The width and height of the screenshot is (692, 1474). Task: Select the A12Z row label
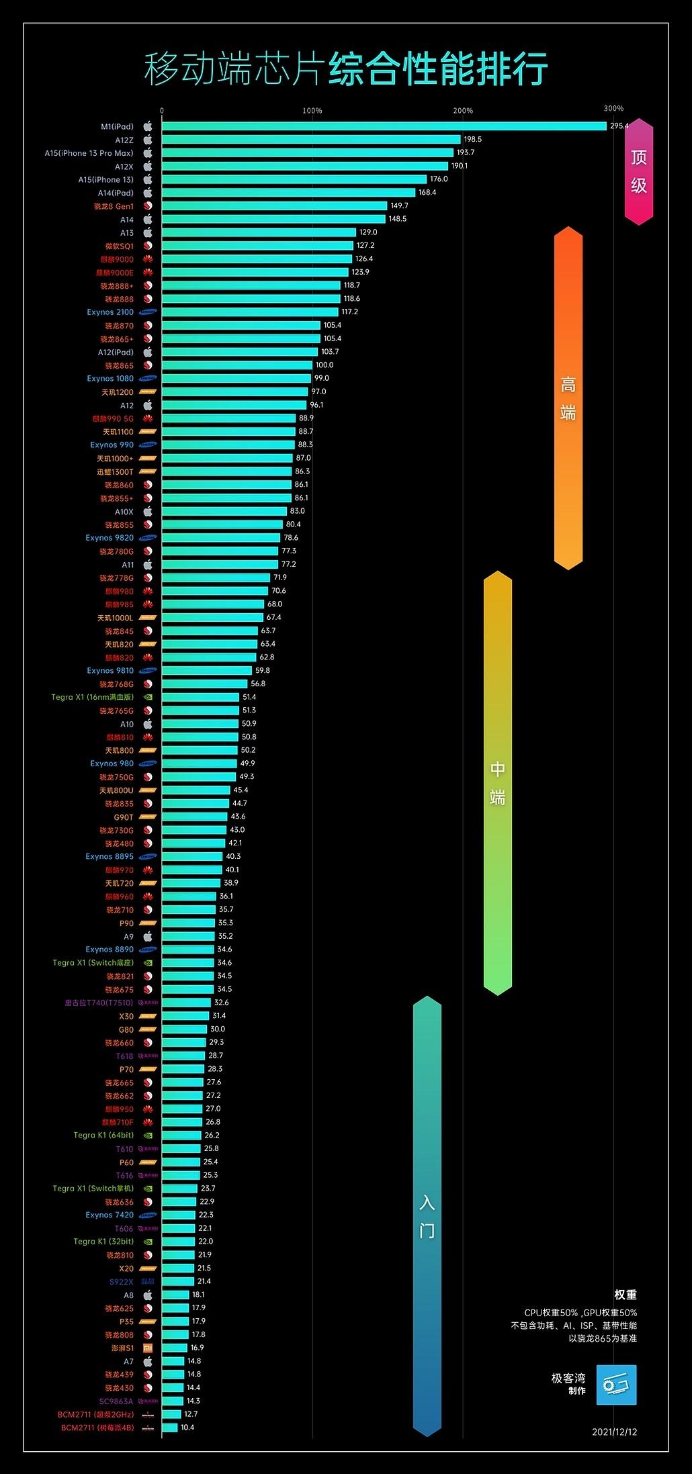pos(124,140)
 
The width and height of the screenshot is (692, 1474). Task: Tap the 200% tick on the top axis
pos(463,111)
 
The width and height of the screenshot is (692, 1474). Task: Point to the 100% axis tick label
pos(312,111)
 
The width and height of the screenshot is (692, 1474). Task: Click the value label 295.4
pos(619,126)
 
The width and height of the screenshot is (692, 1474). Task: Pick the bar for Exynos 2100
pos(250,312)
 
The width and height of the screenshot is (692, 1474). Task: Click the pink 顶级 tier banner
pos(638,171)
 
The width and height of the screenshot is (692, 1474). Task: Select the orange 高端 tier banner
pos(568,398)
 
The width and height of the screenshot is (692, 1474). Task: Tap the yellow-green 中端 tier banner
pos(498,782)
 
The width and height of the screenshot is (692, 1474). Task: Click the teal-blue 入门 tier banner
pos(427,1215)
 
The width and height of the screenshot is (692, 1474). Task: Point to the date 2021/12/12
pos(614,1432)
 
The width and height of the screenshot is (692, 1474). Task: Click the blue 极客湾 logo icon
pos(616,1385)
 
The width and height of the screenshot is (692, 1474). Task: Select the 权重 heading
pos(625,1295)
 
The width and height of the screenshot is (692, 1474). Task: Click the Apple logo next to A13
pos(148,233)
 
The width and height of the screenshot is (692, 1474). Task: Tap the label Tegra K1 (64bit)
pos(103,1136)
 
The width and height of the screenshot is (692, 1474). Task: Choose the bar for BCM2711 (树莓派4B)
pos(170,1428)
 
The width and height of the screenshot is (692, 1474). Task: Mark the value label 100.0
pos(325,365)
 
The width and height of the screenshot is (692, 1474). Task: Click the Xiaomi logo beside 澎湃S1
pos(148,1348)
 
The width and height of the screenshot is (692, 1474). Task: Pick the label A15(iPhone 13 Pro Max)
pos(89,153)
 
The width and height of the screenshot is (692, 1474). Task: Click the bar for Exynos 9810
pos(207,671)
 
